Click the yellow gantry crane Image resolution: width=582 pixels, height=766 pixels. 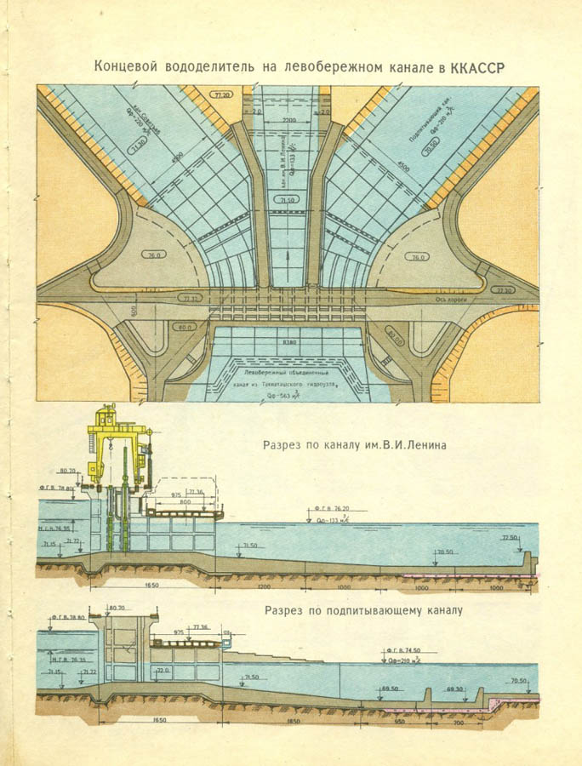pos(118,443)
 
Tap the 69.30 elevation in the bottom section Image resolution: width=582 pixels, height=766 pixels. pos(454,689)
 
